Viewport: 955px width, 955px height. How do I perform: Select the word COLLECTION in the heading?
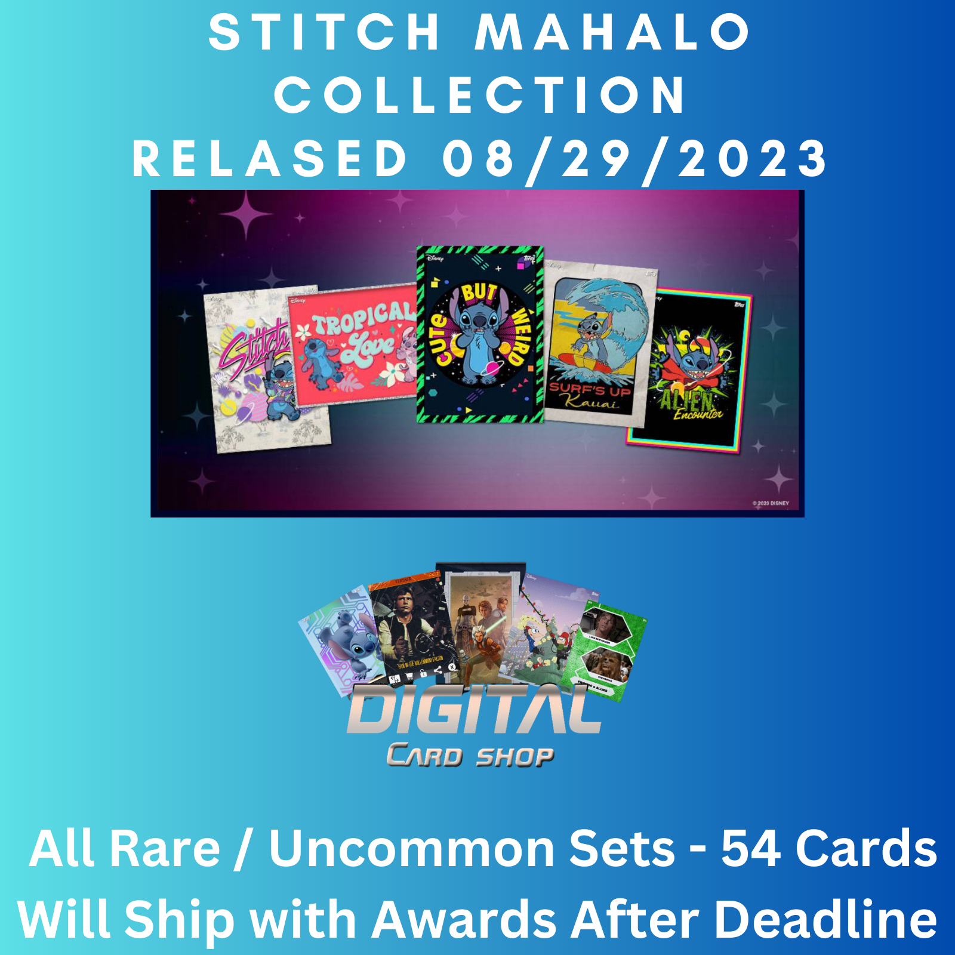480,95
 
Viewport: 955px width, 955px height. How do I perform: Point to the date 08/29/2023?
634,159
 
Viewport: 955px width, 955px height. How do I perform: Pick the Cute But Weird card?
480,334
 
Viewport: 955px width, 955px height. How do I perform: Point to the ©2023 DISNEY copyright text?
771,503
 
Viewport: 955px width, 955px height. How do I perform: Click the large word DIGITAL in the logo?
475,710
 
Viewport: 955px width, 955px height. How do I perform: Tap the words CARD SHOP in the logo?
470,756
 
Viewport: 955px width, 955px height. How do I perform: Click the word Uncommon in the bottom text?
472,848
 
